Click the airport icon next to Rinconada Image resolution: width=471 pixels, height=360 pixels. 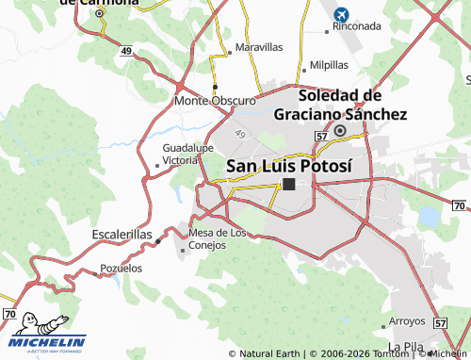coord(340,15)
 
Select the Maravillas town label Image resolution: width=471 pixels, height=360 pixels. coord(259,46)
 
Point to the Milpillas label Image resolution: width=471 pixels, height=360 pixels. coord(329,65)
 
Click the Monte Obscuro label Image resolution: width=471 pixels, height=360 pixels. coord(216,100)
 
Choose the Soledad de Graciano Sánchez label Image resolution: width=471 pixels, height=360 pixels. coord(340,105)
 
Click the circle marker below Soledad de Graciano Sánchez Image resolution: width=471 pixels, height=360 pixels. coord(339,131)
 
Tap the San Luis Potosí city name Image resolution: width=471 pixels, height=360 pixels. coord(289,166)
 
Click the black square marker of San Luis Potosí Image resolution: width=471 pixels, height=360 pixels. coord(289,185)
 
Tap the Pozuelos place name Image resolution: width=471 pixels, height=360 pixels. coord(122,269)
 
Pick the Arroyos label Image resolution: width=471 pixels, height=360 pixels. coord(408,320)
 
